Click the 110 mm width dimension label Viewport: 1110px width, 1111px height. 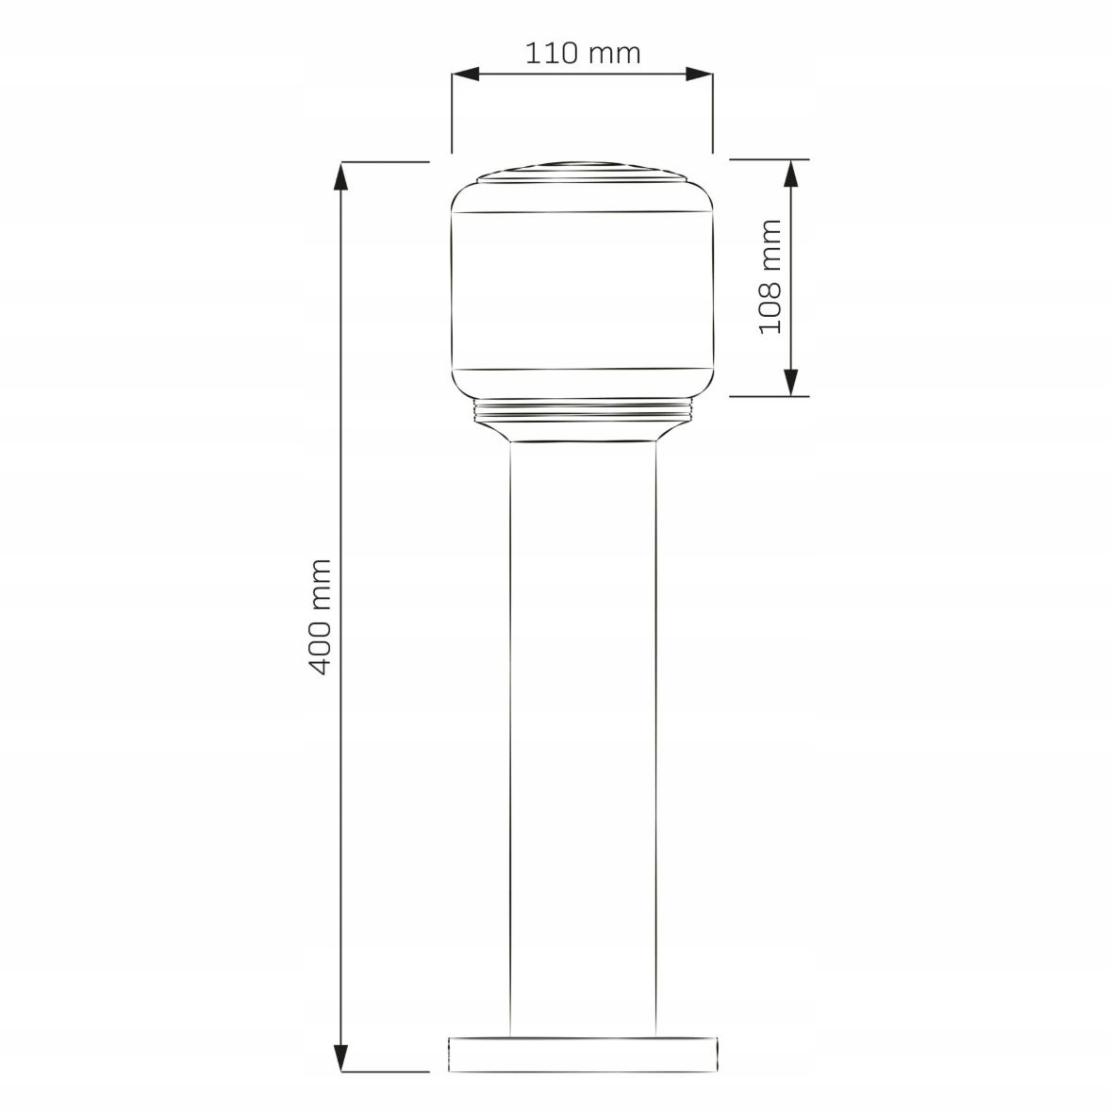pyautogui.click(x=582, y=53)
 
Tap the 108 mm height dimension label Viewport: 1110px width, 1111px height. pyautogui.click(x=770, y=276)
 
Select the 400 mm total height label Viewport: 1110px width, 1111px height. pyautogui.click(x=321, y=617)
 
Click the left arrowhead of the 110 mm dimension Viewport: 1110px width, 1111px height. pyautogui.click(x=466, y=74)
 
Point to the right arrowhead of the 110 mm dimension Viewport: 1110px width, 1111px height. pyautogui.click(x=699, y=74)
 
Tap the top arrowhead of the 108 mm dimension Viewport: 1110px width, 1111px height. pyautogui.click(x=792, y=174)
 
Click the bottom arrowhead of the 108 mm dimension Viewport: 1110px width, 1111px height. pyautogui.click(x=792, y=383)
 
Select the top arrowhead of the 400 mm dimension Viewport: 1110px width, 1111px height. pyautogui.click(x=342, y=176)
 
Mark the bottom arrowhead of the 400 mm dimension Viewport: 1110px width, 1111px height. pyautogui.click(x=342, y=1057)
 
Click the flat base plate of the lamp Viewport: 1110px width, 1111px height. pyautogui.click(x=583, y=1054)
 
